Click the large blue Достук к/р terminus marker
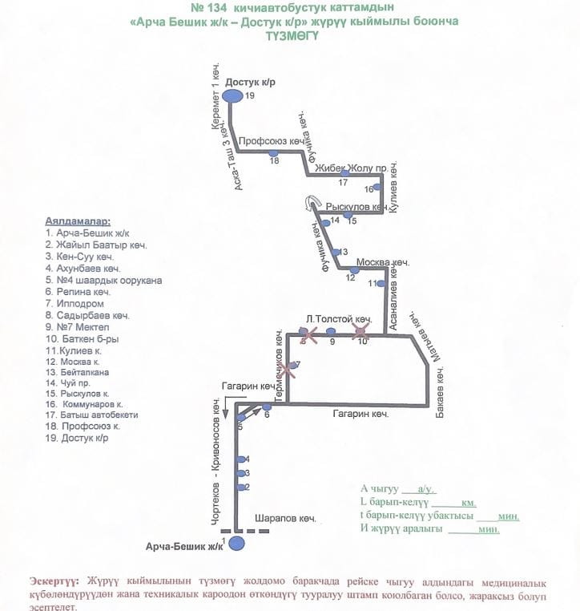click(232, 96)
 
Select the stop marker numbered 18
click(273, 152)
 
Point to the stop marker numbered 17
click(344, 173)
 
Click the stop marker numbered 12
click(355, 270)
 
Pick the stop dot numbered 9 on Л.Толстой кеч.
click(331, 332)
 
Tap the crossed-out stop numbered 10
click(362, 330)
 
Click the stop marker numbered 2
click(240, 487)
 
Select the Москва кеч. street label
click(383, 262)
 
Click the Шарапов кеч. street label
click(285, 518)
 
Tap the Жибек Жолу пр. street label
click(352, 168)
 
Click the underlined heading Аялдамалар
click(78, 220)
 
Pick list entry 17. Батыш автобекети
click(92, 415)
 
